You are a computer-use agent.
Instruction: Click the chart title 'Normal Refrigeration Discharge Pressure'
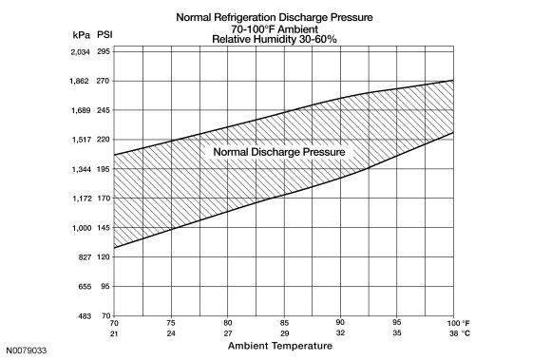[x=275, y=17]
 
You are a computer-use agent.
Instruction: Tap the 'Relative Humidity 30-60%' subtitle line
[x=275, y=39]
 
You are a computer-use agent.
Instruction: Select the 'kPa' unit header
[x=82, y=35]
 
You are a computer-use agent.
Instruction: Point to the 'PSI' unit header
[x=104, y=35]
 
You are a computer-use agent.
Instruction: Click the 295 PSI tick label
[x=104, y=51]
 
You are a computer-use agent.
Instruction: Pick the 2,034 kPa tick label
[x=81, y=52]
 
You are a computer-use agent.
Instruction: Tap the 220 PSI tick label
[x=104, y=140]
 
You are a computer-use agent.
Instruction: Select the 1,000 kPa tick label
[x=82, y=228]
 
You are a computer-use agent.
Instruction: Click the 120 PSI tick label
[x=104, y=256]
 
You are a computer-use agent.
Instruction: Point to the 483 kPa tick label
[x=85, y=316]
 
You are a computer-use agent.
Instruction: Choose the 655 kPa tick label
[x=85, y=287]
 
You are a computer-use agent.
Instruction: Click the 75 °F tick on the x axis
[x=171, y=323]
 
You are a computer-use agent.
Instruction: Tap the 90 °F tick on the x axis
[x=340, y=322]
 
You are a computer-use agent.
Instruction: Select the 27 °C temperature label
[x=228, y=333]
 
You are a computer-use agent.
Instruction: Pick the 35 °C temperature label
[x=397, y=332]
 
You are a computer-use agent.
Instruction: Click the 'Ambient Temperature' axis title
[x=280, y=346]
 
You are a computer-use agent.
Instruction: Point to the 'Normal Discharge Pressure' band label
[x=279, y=152]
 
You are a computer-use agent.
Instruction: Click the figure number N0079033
[x=27, y=351]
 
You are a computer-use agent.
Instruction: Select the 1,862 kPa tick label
[x=80, y=81]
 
